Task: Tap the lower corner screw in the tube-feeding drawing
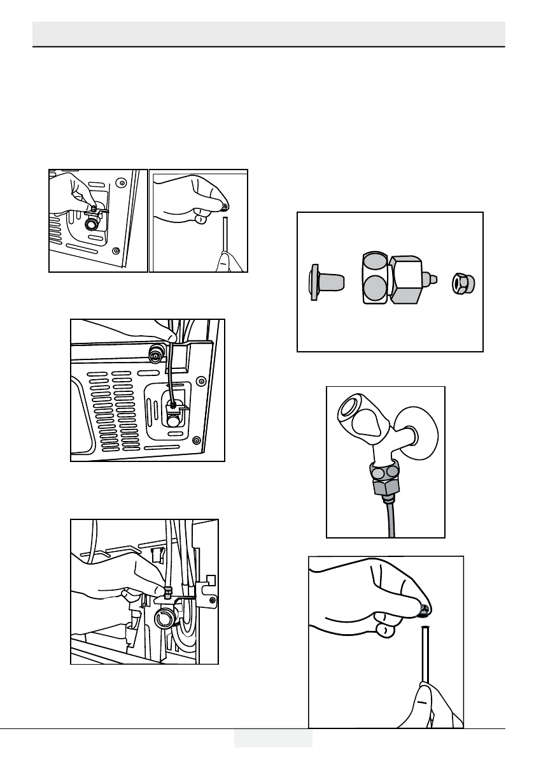tap(197, 439)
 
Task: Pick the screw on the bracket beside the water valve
tap(213, 599)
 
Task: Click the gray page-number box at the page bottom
tap(273, 737)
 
